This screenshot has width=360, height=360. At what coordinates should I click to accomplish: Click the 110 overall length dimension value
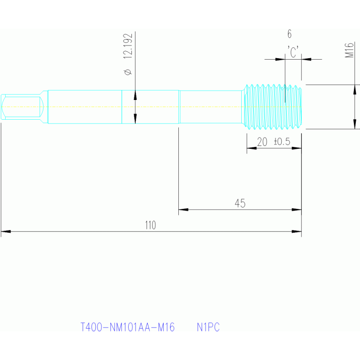point(150,225)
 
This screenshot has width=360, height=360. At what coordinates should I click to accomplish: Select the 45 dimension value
point(240,203)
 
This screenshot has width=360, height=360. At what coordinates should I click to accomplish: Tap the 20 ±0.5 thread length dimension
point(274,142)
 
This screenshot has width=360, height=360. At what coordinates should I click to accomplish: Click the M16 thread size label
point(349,50)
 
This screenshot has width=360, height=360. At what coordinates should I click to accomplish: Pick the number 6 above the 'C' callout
point(289,34)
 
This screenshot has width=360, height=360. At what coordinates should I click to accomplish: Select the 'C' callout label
point(293,52)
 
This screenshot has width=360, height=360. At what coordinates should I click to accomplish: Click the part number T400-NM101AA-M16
point(128,327)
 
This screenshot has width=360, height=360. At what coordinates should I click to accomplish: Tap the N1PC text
point(208,327)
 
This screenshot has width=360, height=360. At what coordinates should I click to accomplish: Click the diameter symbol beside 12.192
point(128,72)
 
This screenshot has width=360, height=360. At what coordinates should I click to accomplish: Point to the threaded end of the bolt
point(273,107)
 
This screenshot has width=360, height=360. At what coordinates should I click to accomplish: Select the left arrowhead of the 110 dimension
point(6,231)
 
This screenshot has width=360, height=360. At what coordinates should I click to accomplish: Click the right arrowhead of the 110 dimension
point(297,231)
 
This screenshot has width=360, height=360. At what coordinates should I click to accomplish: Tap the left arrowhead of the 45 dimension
point(184,209)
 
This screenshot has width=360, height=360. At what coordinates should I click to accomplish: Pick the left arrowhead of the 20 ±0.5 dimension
point(252,148)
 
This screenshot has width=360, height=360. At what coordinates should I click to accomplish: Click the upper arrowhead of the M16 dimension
point(354,90)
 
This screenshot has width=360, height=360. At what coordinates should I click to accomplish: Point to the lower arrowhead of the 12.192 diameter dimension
point(135,118)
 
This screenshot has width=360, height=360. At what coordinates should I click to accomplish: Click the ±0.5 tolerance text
point(282,142)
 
